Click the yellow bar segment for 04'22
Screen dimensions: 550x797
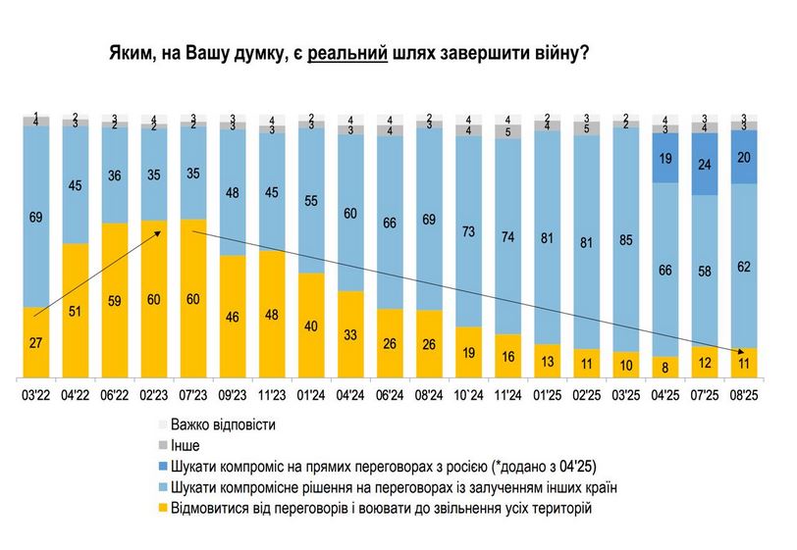click(77, 310)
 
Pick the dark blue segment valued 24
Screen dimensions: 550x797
click(705, 164)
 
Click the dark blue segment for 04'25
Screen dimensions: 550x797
click(665, 158)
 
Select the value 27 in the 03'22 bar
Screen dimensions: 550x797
click(37, 343)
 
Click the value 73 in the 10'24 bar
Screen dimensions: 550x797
click(469, 231)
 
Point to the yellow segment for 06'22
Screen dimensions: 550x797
click(116, 300)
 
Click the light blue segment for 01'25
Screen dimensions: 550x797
click(548, 237)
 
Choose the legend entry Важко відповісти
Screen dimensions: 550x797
click(222, 426)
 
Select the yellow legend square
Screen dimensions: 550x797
click(161, 509)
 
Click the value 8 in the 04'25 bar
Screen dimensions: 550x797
click(665, 368)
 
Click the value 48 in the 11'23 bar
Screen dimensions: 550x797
click(273, 316)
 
